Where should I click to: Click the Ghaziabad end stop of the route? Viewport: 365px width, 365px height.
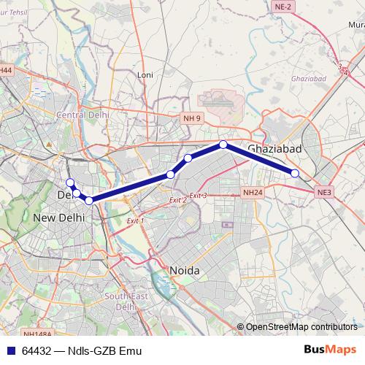coord(295,173)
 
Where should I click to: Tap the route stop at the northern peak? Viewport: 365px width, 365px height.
coord(223,145)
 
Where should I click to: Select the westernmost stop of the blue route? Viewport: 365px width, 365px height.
coord(70,182)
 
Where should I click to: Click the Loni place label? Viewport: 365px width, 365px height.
coord(145,74)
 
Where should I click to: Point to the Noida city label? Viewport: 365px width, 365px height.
coord(185,270)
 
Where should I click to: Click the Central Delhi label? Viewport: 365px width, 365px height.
coord(82,115)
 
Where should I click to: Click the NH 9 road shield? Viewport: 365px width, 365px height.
coord(191,117)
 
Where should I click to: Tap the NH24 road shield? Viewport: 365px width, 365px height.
coord(252,192)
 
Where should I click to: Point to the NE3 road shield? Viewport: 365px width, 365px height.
coord(324,192)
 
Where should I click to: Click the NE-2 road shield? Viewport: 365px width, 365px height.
coord(284,6)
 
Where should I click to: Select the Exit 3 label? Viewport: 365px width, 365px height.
coord(199,195)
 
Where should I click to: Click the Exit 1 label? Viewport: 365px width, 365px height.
coord(135,220)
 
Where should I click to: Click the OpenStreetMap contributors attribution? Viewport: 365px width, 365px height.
coord(301,327)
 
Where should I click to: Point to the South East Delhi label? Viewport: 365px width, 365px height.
coord(121,301)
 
